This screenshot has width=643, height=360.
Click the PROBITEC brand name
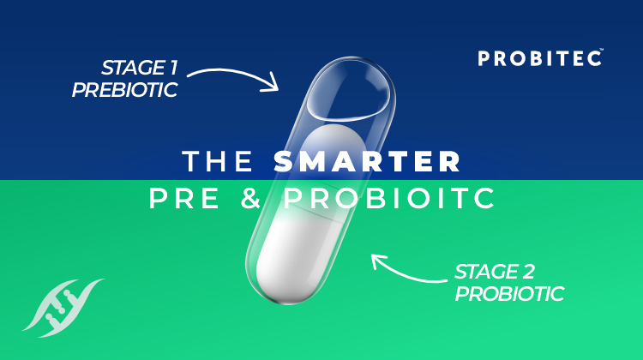pos(539,58)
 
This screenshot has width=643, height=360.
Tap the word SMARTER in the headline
pos(368,161)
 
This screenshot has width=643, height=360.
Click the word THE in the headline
pos(218,161)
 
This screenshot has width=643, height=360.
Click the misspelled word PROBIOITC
pos(390,198)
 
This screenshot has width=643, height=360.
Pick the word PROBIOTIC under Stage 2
pos(509,294)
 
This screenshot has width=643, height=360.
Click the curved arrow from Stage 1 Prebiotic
pos(231,75)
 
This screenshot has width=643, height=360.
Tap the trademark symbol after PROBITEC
pos(604,51)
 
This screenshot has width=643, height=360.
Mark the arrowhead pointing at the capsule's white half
pos(378,260)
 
